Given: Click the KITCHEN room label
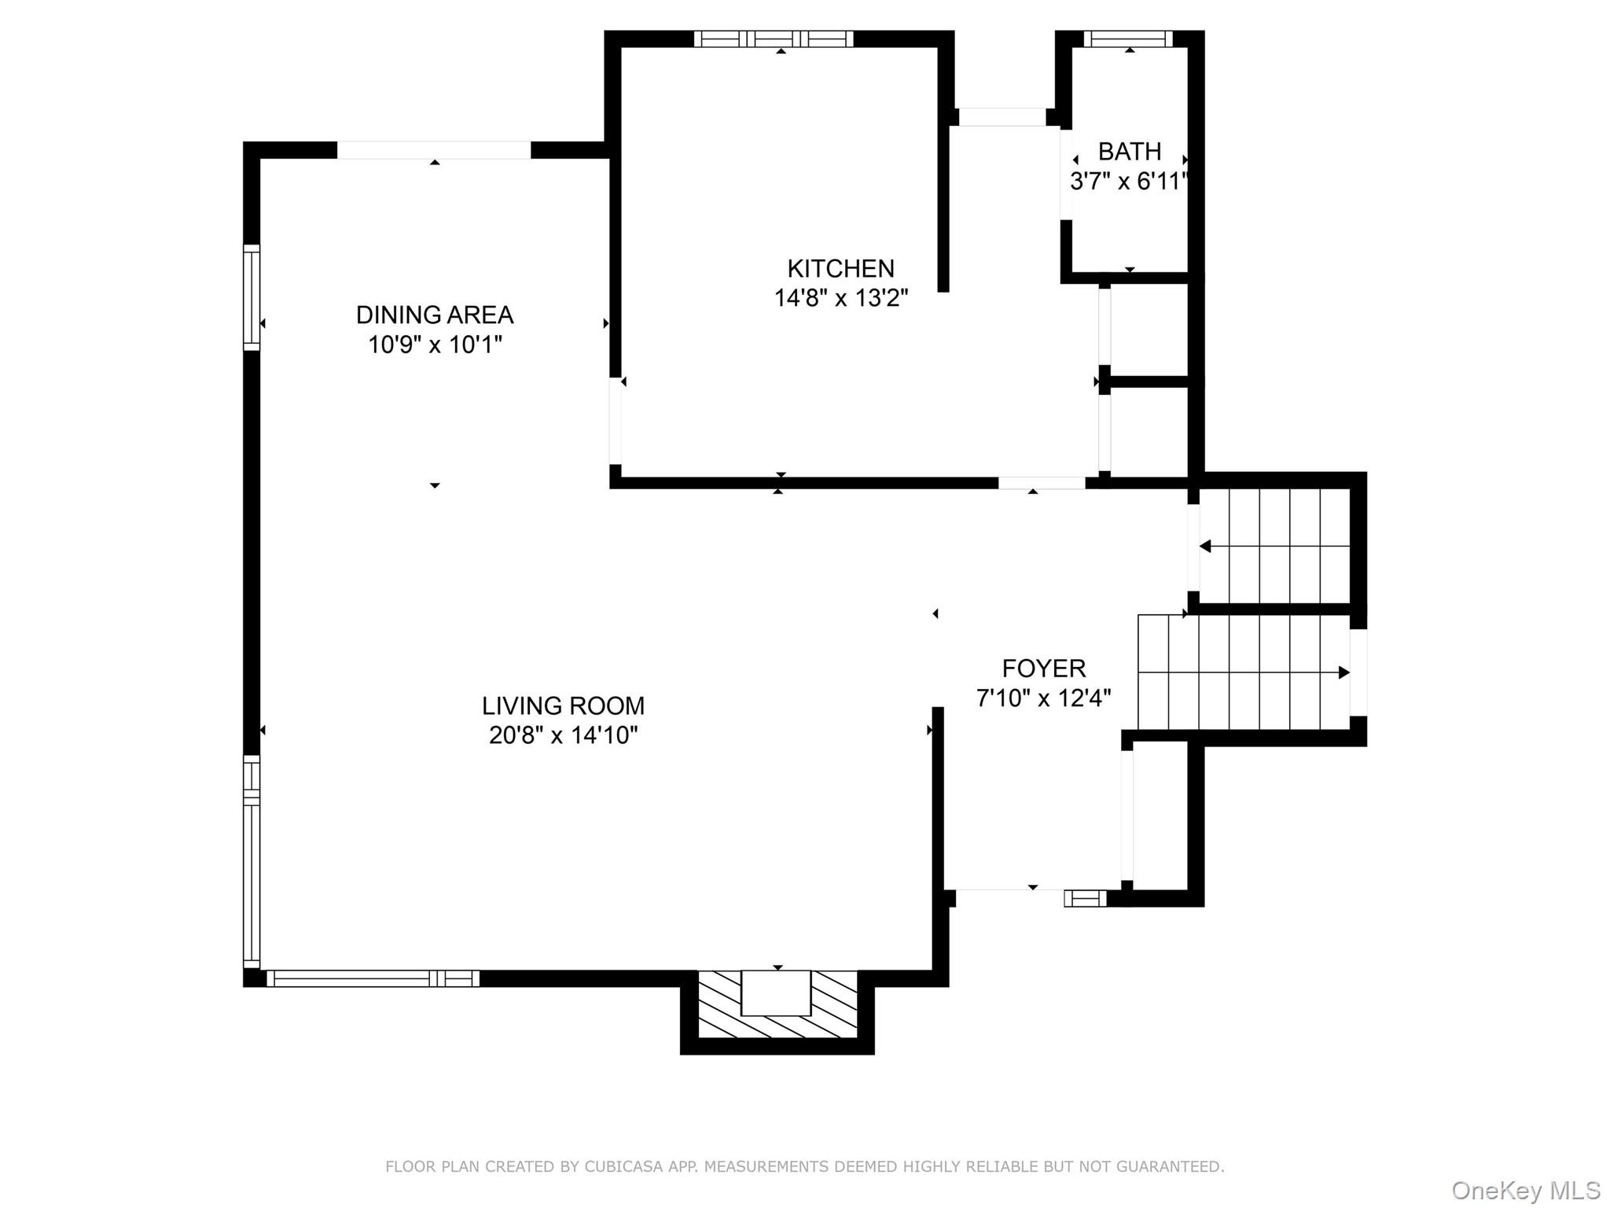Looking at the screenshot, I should [x=840, y=268].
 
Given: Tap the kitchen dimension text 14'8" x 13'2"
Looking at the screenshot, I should [x=840, y=298].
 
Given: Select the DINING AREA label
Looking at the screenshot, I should [x=434, y=315].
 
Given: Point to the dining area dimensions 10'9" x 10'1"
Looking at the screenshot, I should [x=434, y=344].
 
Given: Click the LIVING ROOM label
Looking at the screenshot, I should [x=563, y=705].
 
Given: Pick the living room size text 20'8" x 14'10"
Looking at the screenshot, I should [x=563, y=735].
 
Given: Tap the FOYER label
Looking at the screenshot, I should [x=1043, y=668].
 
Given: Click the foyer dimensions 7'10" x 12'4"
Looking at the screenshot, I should [x=1043, y=698].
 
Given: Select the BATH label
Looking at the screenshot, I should [x=1129, y=151].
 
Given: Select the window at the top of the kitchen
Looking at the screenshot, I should [x=774, y=39].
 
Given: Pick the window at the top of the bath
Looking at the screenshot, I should [x=1127, y=39].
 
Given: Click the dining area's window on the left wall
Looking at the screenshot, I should [x=251, y=297].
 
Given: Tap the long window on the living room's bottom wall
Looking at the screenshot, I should [x=373, y=978].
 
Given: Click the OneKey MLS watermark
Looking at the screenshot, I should [x=1525, y=1190].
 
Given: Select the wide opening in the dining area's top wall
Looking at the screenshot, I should [x=434, y=149].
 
